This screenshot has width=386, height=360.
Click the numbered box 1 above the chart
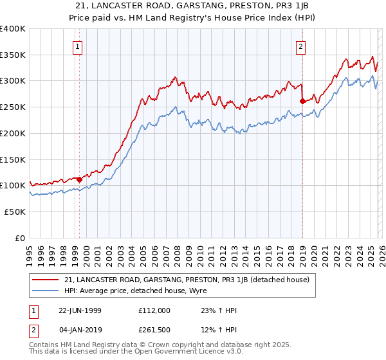point(77,46)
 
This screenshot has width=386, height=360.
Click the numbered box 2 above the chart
point(300,46)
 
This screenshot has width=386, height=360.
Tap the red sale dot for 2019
point(302,101)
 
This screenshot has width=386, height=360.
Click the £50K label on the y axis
point(15,212)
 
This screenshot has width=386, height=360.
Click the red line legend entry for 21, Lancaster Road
point(187,280)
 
